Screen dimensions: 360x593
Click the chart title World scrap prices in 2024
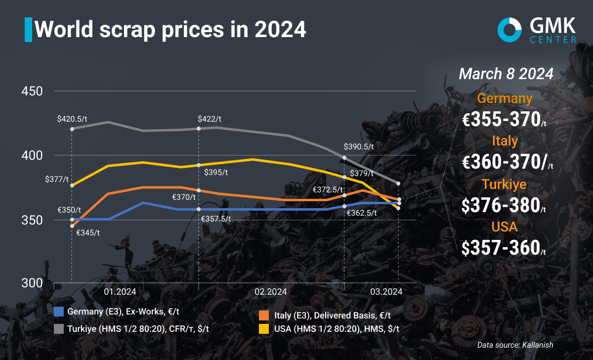pyautogui.click(x=170, y=30)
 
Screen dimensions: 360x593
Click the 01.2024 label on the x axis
pyautogui.click(x=120, y=291)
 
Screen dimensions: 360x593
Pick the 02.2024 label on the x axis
pyautogui.click(x=271, y=291)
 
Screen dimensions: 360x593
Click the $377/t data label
pyautogui.click(x=57, y=179)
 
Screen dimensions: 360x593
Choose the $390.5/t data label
pyautogui.click(x=359, y=147)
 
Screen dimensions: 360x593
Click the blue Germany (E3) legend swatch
pyautogui.click(x=59, y=312)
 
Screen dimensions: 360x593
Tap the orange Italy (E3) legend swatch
pyautogui.click(x=264, y=315)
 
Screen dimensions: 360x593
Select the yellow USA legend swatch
pyautogui.click(x=264, y=328)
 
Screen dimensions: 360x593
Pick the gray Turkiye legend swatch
pyautogui.click(x=59, y=328)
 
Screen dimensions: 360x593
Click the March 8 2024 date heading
pyautogui.click(x=506, y=74)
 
